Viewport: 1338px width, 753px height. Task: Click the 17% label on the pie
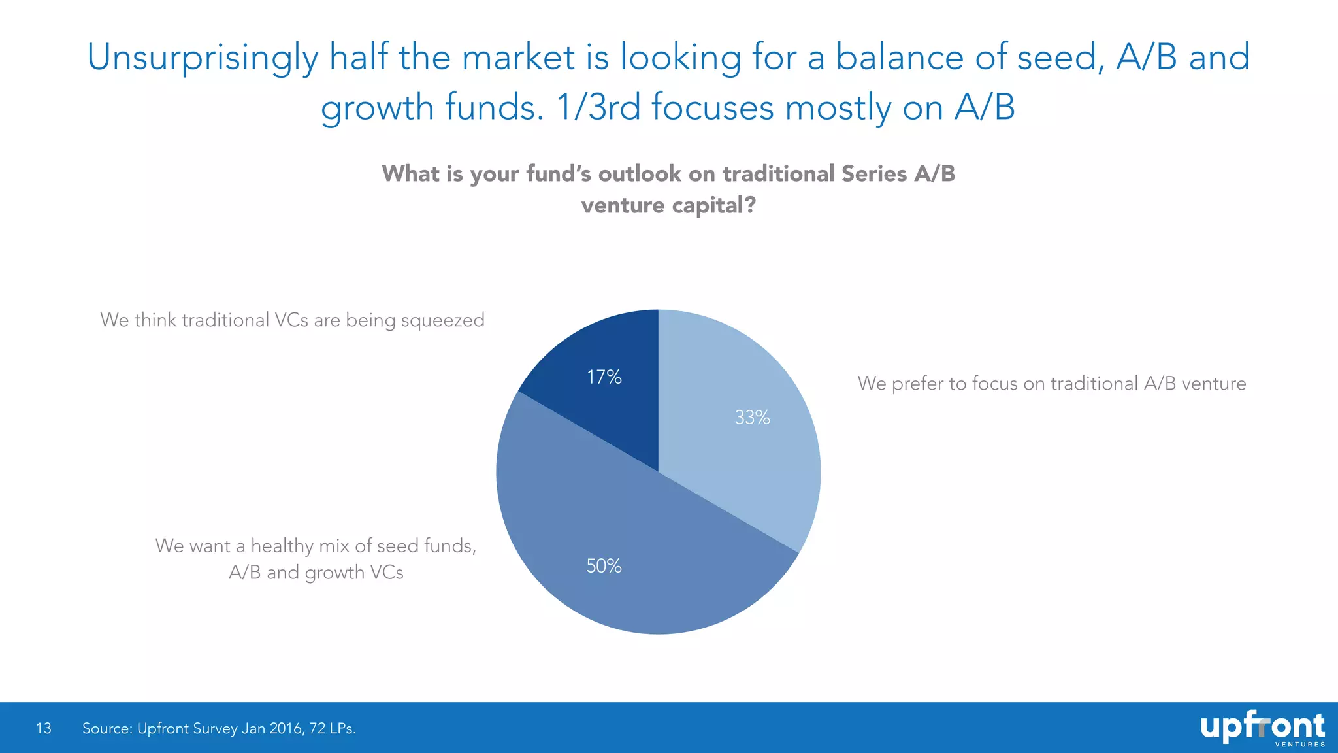coord(604,377)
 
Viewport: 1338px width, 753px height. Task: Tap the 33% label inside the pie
coord(752,417)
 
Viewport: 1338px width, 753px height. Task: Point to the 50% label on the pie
coord(604,565)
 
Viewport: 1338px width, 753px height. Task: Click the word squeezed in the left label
coord(442,320)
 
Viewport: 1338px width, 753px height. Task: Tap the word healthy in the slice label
coord(282,546)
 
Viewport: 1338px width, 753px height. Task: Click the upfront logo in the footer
coord(1262,727)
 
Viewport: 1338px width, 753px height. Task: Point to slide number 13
coord(44,728)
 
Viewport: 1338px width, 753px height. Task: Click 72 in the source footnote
coord(318,728)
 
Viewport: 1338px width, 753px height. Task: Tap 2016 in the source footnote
coord(286,728)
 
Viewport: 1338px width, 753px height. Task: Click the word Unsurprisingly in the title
coord(203,58)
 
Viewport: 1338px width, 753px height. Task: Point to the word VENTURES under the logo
coord(1300,745)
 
